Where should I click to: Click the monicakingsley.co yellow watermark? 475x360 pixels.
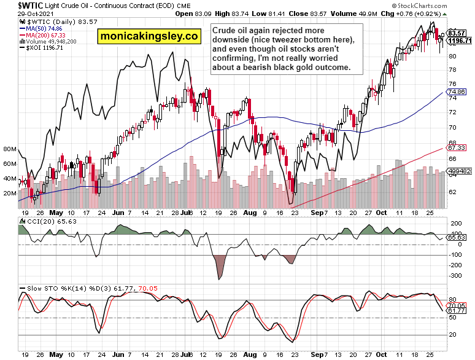pos(149,36)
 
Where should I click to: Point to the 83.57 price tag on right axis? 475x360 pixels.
pos(457,33)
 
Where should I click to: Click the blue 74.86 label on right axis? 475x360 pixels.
pos(457,91)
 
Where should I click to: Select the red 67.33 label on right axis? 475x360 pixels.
pos(457,148)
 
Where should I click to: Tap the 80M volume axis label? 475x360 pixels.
pos(9,149)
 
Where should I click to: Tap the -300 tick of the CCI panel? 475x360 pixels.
pos(455,276)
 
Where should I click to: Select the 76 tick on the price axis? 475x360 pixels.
pos(453,84)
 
